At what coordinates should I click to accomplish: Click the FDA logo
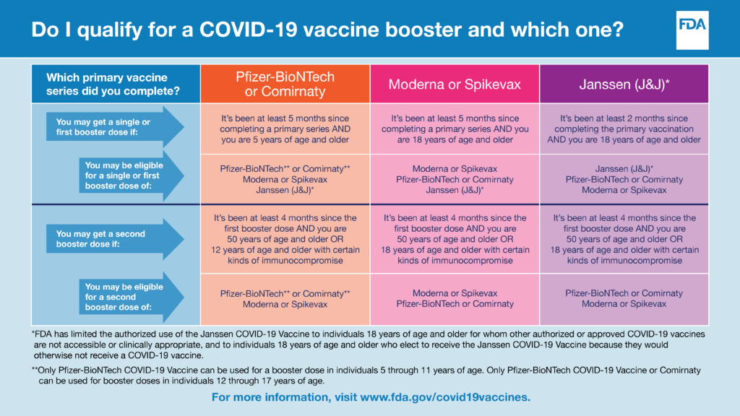click(x=692, y=30)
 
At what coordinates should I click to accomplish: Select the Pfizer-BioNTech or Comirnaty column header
click(x=285, y=84)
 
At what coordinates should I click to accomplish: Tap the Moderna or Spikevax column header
click(x=455, y=84)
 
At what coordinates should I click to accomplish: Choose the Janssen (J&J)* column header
click(x=624, y=84)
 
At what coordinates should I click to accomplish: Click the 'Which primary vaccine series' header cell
click(x=116, y=84)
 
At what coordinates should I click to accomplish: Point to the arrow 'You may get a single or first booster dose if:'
click(x=115, y=127)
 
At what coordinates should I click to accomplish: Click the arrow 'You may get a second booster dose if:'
click(x=115, y=239)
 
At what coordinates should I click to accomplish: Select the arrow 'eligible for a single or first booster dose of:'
click(x=132, y=175)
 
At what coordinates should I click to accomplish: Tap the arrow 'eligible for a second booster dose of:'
click(x=132, y=297)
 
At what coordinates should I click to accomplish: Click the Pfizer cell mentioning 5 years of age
click(x=285, y=129)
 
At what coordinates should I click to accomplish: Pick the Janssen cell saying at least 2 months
click(x=624, y=129)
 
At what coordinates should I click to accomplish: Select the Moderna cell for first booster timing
click(x=455, y=129)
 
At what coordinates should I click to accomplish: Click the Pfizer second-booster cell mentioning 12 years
click(x=285, y=239)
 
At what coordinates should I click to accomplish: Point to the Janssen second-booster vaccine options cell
click(x=624, y=299)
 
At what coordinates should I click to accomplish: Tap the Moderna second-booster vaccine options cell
click(x=455, y=299)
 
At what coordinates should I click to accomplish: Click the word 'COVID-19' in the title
click(x=249, y=29)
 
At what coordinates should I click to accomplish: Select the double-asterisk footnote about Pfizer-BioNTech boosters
click(x=366, y=376)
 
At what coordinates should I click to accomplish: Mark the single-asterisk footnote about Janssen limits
click(x=369, y=344)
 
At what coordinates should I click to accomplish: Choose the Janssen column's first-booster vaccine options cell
click(x=624, y=179)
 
